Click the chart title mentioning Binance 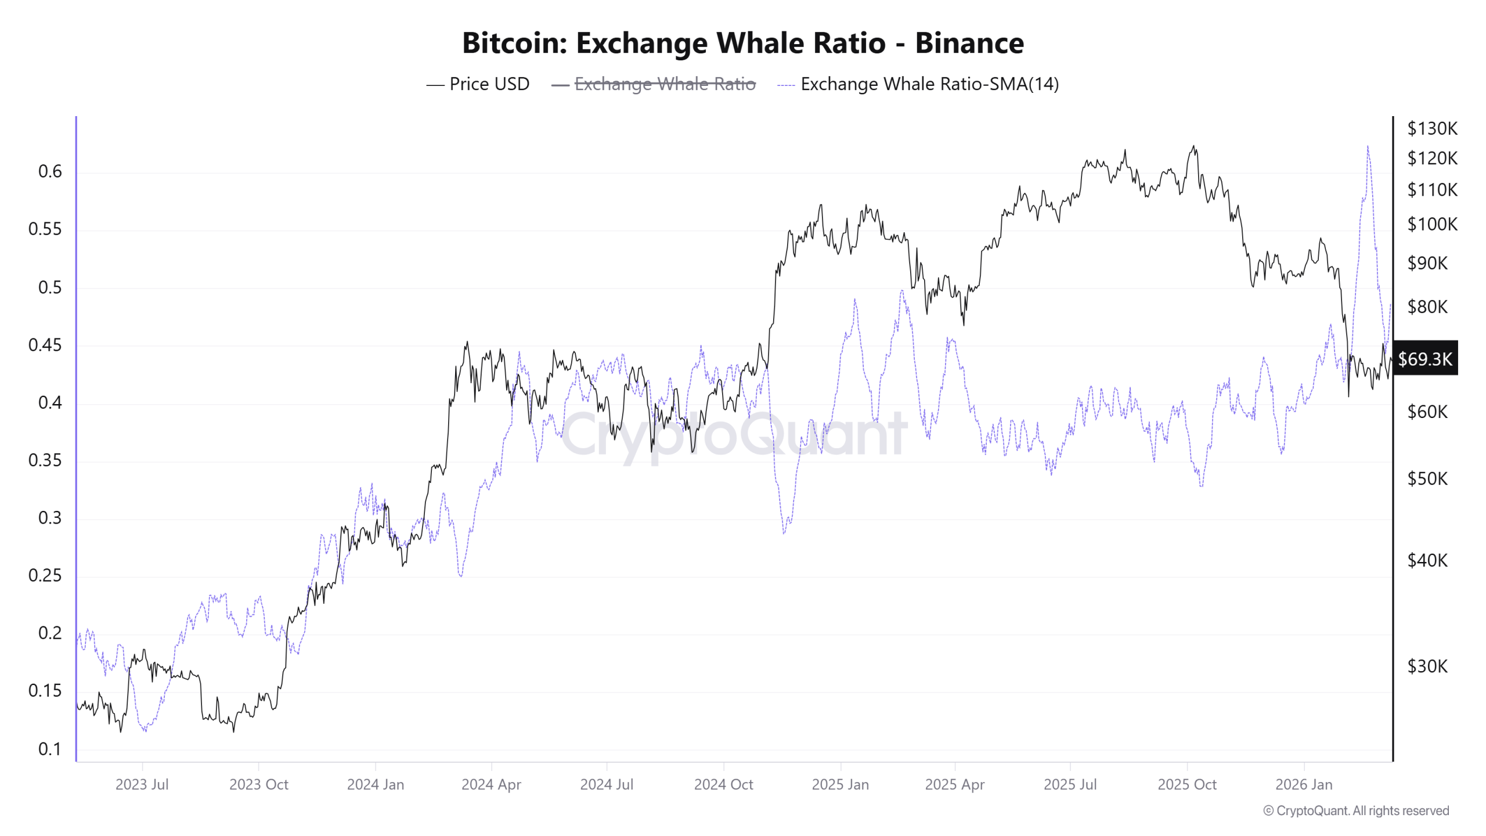pos(743,43)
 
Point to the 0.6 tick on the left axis pos(50,172)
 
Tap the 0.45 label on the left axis pos(45,345)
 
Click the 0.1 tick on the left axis pos(50,749)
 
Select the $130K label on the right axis pos(1431,128)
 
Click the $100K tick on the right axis pos(1431,224)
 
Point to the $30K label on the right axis pos(1427,666)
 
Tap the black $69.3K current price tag pos(1424,359)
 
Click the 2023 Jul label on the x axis pos(142,784)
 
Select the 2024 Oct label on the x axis pos(723,784)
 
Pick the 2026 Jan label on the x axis pos(1303,784)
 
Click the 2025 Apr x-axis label pos(954,784)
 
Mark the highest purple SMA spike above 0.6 pos(1368,147)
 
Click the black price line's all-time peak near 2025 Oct pos(1193,146)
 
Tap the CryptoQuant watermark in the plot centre pos(734,434)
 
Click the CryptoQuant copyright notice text pos(1356,810)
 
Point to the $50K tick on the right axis pos(1427,479)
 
